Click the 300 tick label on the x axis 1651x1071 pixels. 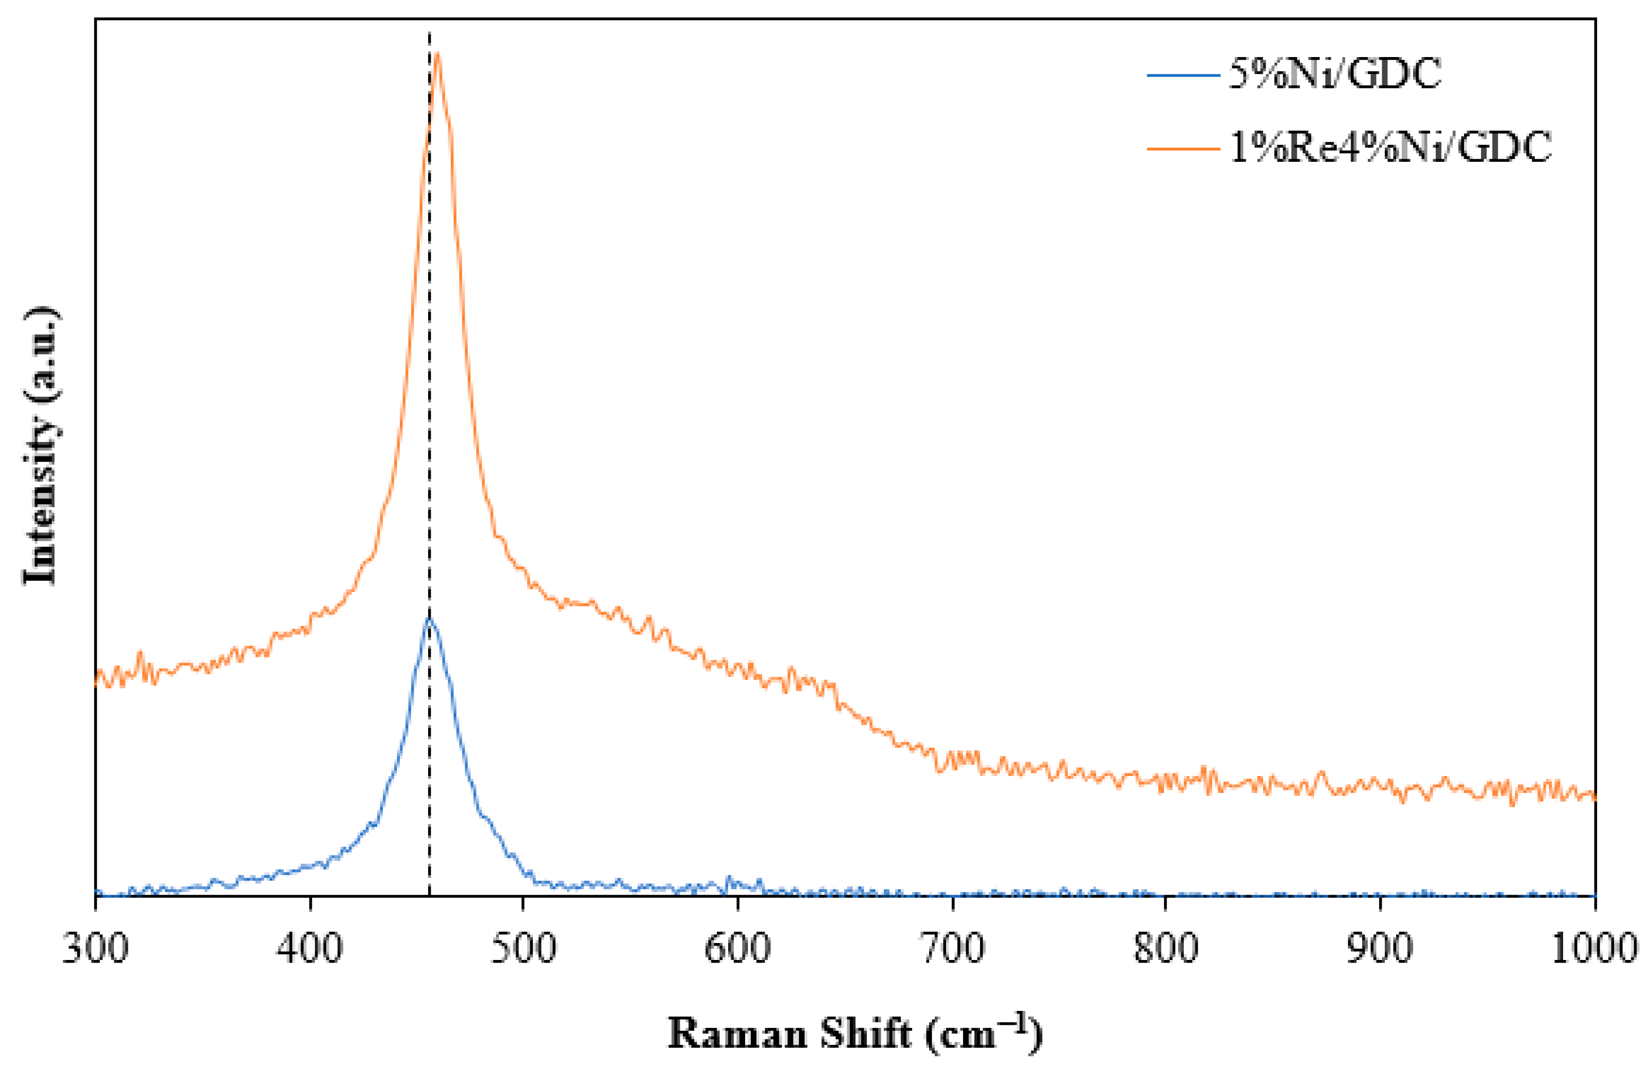(x=95, y=948)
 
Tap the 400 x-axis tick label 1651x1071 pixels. (x=309, y=948)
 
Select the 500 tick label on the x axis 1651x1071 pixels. (x=524, y=948)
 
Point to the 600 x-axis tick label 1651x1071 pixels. (x=737, y=948)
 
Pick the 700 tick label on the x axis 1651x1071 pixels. (x=952, y=948)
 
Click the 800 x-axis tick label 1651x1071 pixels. (x=1166, y=948)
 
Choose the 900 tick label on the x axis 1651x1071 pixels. (x=1380, y=948)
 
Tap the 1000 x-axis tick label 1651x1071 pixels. (x=1593, y=948)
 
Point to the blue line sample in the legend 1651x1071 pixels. (x=1183, y=74)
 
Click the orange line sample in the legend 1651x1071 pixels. (x=1183, y=147)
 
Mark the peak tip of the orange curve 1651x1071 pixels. (x=437, y=53)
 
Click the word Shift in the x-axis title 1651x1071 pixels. (x=865, y=1034)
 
